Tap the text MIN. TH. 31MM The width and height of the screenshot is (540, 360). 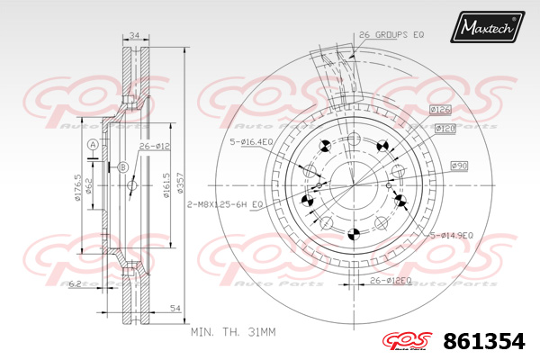pos(232,332)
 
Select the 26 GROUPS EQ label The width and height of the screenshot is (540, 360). pos(391,34)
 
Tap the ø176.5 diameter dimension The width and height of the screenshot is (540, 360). pos(78,189)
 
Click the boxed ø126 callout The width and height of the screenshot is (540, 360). pos(440,110)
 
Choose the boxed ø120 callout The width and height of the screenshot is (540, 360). pos(445,129)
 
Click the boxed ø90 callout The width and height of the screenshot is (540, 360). pos(458,165)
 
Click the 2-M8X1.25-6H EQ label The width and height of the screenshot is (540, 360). pos(222,204)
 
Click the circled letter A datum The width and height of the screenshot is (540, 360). pos(92,145)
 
